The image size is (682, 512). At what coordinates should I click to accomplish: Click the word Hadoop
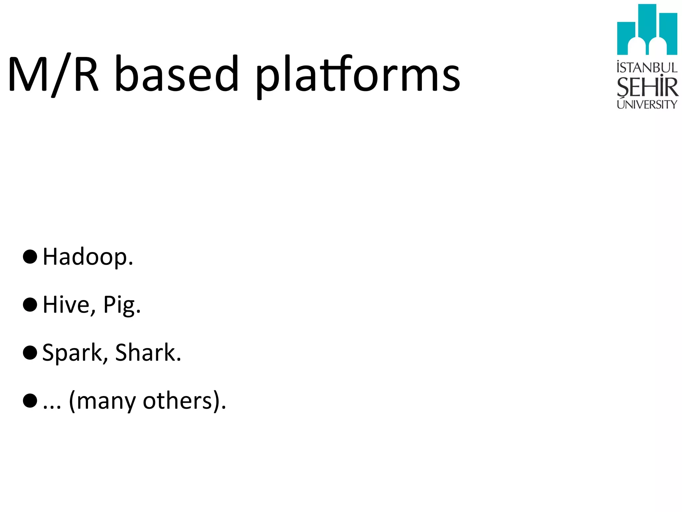click(88, 257)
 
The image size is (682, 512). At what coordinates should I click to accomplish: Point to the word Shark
click(148, 353)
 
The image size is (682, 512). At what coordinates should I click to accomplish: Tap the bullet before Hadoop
click(30, 257)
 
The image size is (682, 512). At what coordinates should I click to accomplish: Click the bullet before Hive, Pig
click(30, 305)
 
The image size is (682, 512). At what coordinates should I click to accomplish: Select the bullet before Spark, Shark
click(30, 353)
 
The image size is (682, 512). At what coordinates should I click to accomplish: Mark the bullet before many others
click(30, 401)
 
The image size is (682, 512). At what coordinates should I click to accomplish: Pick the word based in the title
click(176, 74)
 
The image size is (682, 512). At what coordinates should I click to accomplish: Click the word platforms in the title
click(358, 75)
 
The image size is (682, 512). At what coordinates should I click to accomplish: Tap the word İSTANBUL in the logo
click(647, 68)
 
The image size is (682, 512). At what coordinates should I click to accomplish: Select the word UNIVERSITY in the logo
click(647, 104)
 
